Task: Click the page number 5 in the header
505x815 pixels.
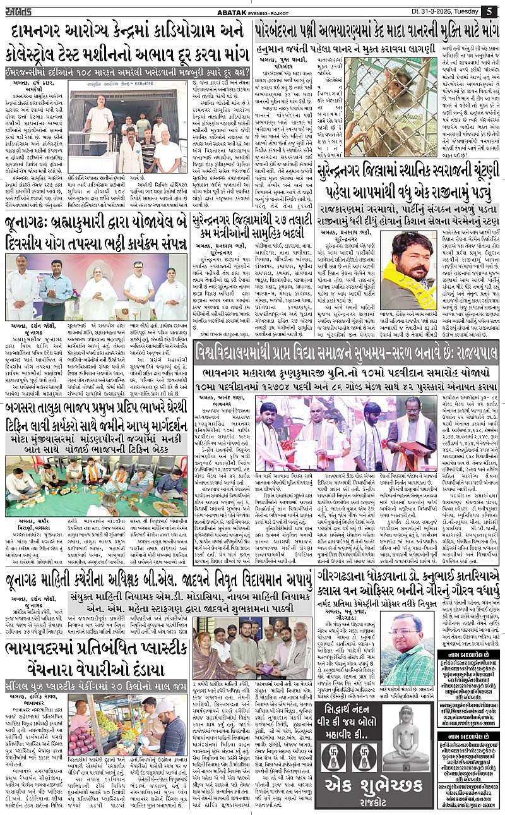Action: (490, 11)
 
